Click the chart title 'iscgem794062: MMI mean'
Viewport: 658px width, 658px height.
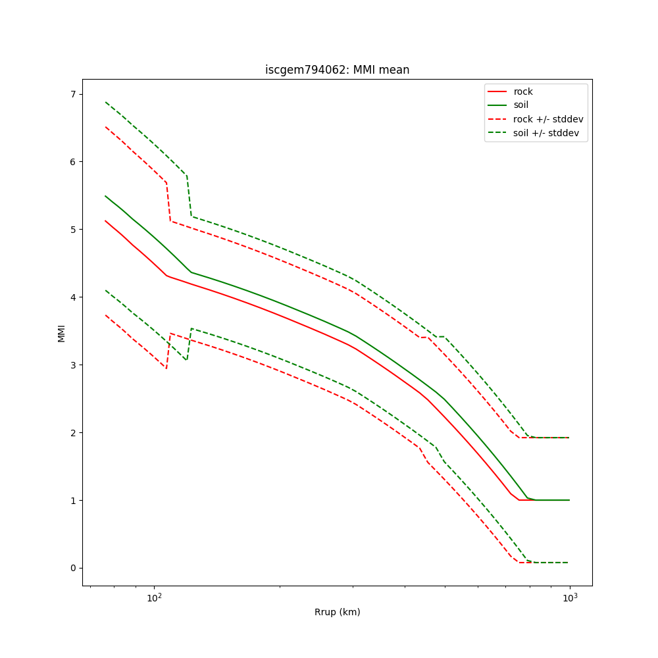tap(337, 70)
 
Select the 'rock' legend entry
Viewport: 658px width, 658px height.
tap(523, 91)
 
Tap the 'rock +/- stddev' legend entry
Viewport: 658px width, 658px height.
tap(548, 119)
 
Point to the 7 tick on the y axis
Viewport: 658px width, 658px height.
tap(73, 94)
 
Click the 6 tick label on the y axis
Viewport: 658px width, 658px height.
tap(73, 162)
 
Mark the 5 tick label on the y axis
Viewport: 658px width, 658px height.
tap(73, 230)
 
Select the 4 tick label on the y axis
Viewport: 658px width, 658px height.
tap(73, 297)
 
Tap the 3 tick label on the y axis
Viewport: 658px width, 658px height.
tap(73, 365)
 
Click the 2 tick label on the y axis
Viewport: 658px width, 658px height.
tap(73, 433)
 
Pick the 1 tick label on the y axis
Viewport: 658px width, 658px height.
tap(73, 501)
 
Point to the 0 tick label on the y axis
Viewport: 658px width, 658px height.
tap(73, 569)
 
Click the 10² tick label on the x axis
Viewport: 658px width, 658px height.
tap(154, 597)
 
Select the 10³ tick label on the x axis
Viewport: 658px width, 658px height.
tap(570, 597)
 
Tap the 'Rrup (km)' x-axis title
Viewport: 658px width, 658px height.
tap(337, 612)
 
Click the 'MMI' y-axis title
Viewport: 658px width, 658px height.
tap(61, 333)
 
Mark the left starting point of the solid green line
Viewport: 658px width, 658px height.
tap(105, 196)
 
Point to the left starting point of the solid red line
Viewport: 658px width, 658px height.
tap(105, 221)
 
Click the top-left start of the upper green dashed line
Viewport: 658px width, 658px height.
tap(105, 102)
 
